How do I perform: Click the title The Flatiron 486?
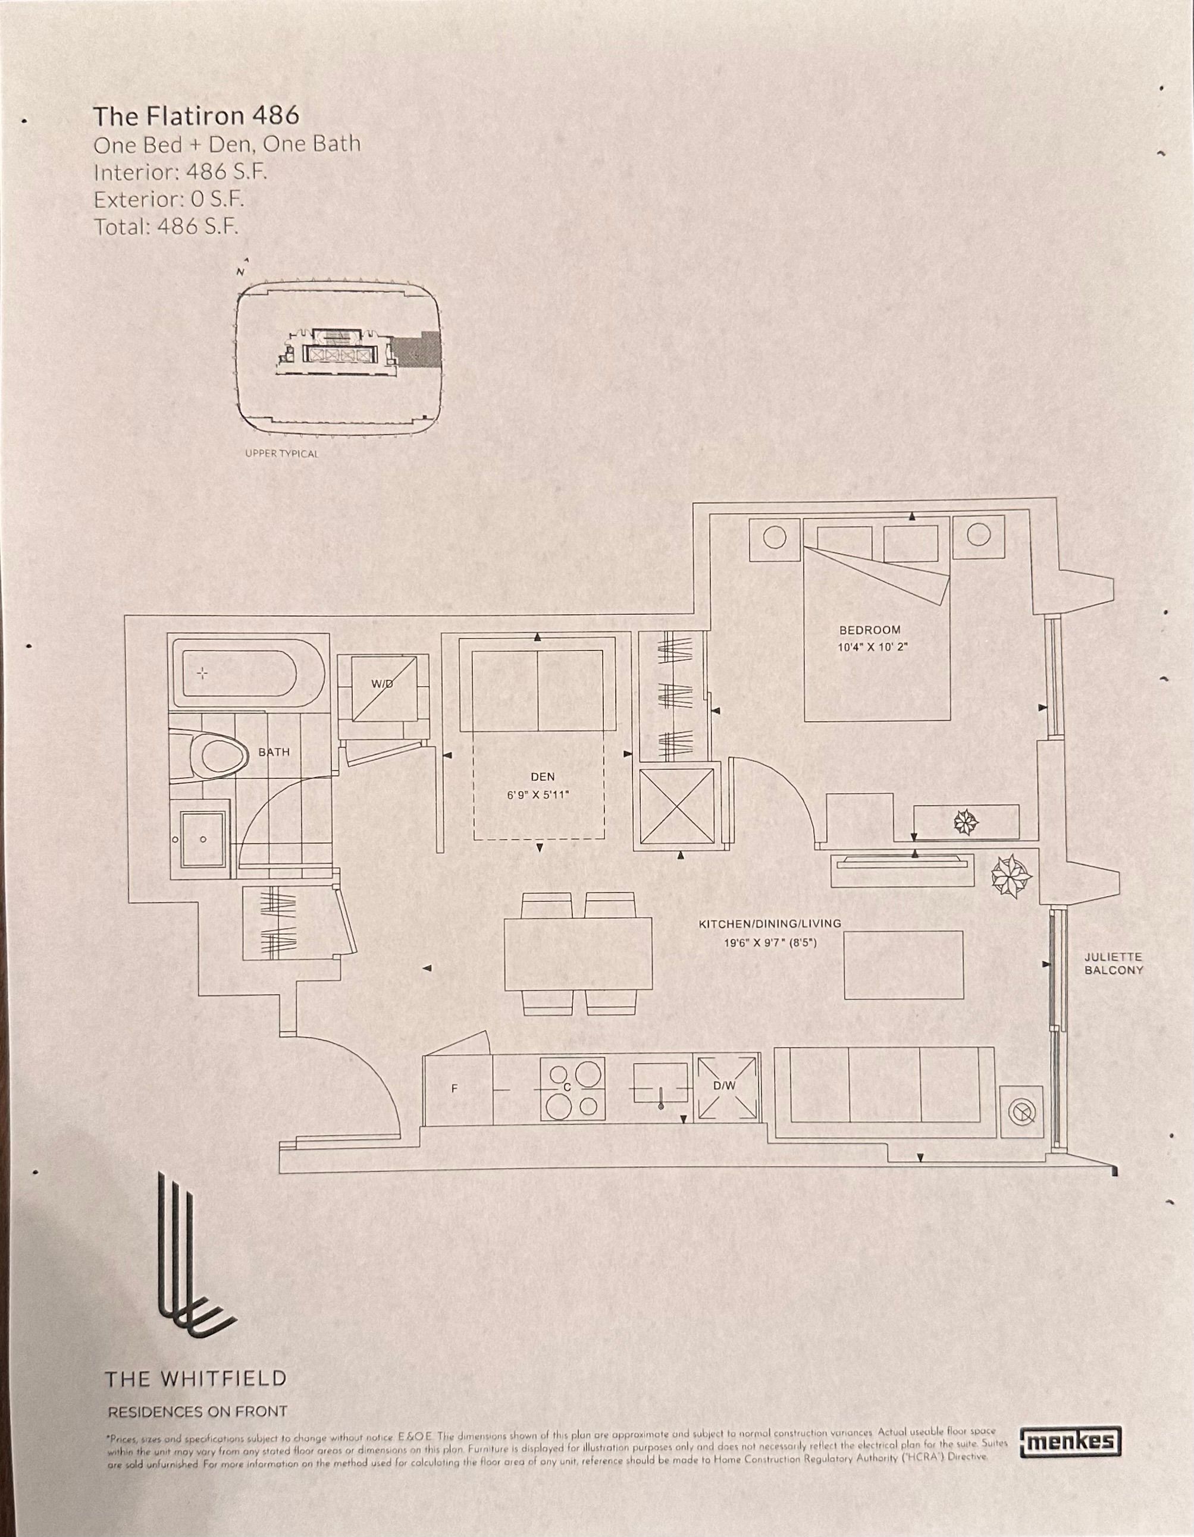[x=196, y=115]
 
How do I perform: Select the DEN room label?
[x=542, y=777]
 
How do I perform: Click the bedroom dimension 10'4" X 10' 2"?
[x=873, y=648]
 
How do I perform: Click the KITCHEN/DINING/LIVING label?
[x=769, y=923]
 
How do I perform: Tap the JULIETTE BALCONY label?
[x=1113, y=963]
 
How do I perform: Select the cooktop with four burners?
[x=572, y=1089]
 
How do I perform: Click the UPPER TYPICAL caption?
[x=281, y=454]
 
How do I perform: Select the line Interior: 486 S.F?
[x=180, y=172]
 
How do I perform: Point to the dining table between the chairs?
[x=577, y=954]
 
